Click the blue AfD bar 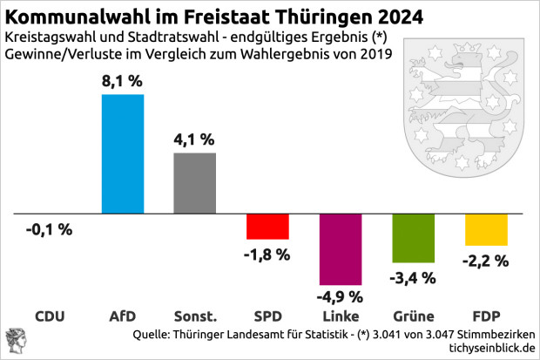(x=123, y=153)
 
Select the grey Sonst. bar (x=195, y=183)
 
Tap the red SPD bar (x=267, y=227)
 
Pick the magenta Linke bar (x=341, y=249)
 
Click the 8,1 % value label (x=124, y=80)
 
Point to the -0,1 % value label (x=50, y=230)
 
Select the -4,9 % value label (x=341, y=295)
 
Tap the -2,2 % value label (x=486, y=259)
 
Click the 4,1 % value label (x=195, y=139)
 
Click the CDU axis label (x=50, y=316)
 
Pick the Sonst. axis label (x=195, y=316)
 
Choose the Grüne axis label (x=414, y=316)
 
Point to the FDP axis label (x=486, y=316)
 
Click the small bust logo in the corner (x=16, y=341)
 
